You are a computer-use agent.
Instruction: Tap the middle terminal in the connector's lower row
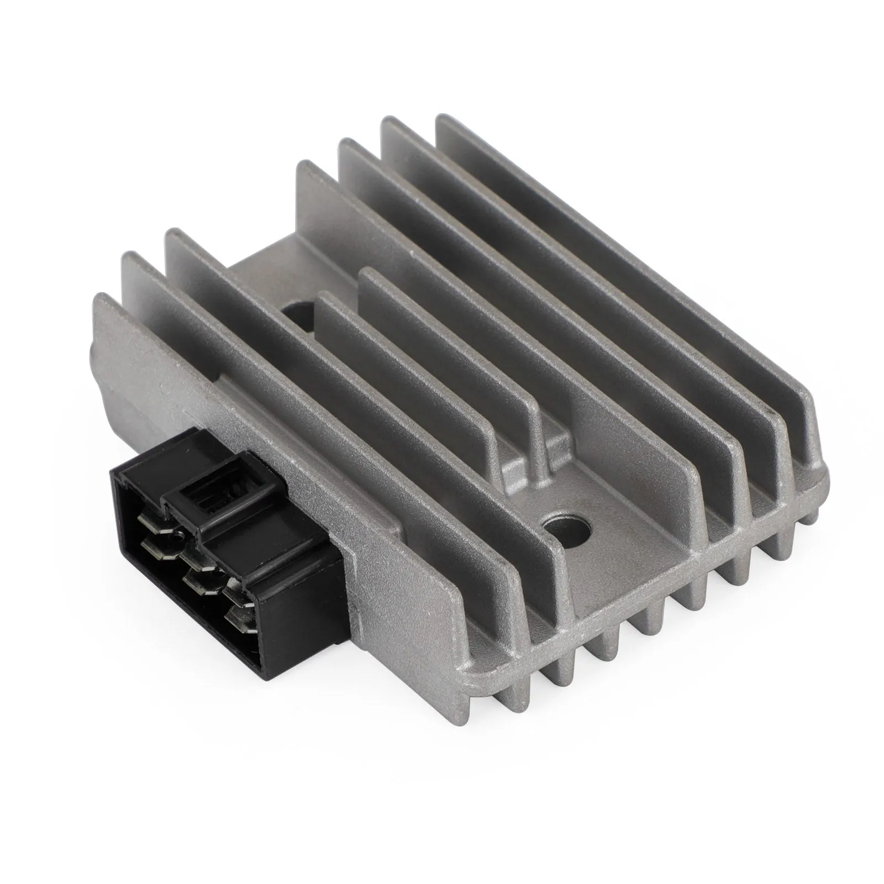205,585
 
